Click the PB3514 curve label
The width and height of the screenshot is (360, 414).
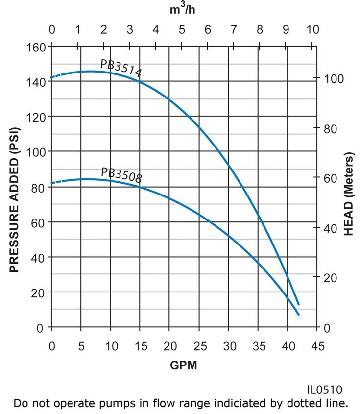point(121,69)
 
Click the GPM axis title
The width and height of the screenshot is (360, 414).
point(183,365)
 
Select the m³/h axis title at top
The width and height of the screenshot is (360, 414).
point(183,10)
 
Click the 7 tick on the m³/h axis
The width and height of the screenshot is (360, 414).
point(234,30)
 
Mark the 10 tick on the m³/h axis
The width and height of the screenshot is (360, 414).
point(312,30)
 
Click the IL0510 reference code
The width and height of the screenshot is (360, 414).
point(324,390)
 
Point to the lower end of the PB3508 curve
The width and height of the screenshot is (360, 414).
point(299,315)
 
